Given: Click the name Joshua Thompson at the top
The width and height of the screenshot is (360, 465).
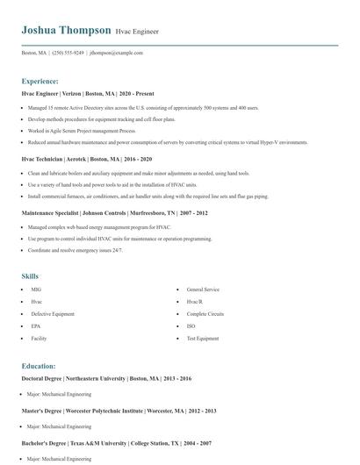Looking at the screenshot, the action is click(x=67, y=30).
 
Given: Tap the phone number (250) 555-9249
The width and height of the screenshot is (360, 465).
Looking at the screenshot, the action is click(x=68, y=53).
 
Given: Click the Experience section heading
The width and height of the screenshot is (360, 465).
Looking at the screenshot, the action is click(x=40, y=81).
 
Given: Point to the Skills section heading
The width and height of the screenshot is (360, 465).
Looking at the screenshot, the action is click(x=30, y=276).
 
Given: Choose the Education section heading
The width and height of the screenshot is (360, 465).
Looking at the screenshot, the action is click(x=39, y=366).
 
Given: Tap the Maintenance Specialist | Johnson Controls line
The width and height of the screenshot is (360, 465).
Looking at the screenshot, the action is click(x=114, y=212).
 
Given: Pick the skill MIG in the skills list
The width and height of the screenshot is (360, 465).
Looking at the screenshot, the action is click(x=36, y=290).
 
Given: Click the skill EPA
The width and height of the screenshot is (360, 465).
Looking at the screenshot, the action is click(x=36, y=325).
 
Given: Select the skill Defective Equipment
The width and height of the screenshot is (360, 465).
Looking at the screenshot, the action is click(x=53, y=313).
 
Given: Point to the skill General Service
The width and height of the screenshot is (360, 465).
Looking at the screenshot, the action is click(x=203, y=290).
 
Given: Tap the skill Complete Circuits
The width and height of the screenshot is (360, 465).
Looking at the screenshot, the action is click(x=205, y=313).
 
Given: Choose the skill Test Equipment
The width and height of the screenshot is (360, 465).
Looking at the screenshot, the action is click(x=203, y=338).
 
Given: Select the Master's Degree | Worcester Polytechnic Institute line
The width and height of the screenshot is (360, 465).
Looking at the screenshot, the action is click(x=119, y=411).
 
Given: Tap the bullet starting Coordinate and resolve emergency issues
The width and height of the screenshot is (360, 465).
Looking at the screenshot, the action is click(x=75, y=250).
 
